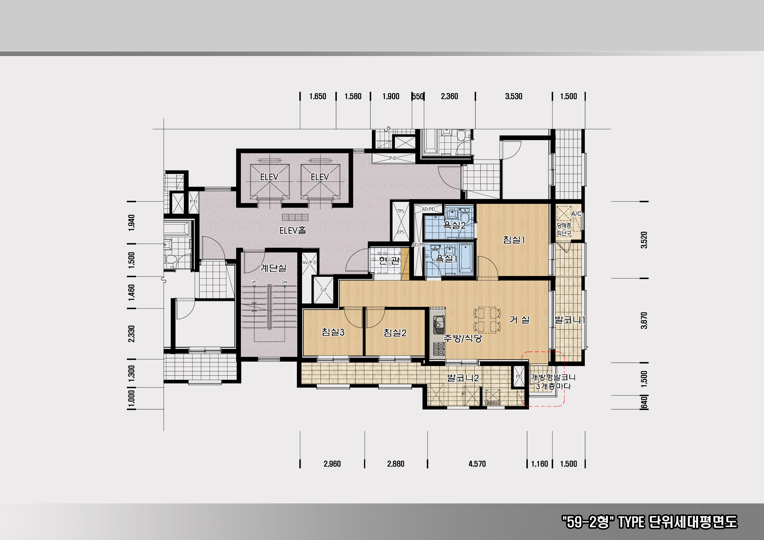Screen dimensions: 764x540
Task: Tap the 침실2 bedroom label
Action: pos(395,332)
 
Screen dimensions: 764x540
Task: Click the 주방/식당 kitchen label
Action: pos(463,338)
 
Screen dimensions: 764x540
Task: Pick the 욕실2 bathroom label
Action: pos(454,225)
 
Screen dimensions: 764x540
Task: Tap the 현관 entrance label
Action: pos(389,260)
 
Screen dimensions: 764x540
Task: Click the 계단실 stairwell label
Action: pos(273,268)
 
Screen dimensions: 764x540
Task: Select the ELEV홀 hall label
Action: pos(292,230)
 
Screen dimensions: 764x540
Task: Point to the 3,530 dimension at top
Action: pos(514,96)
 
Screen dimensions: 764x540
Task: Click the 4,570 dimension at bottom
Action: pos(477,464)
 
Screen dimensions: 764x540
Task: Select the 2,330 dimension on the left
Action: pos(132,334)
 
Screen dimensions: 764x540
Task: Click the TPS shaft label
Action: pos(401,211)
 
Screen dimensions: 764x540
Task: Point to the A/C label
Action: pos(576,214)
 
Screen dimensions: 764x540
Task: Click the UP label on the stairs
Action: pos(254,282)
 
